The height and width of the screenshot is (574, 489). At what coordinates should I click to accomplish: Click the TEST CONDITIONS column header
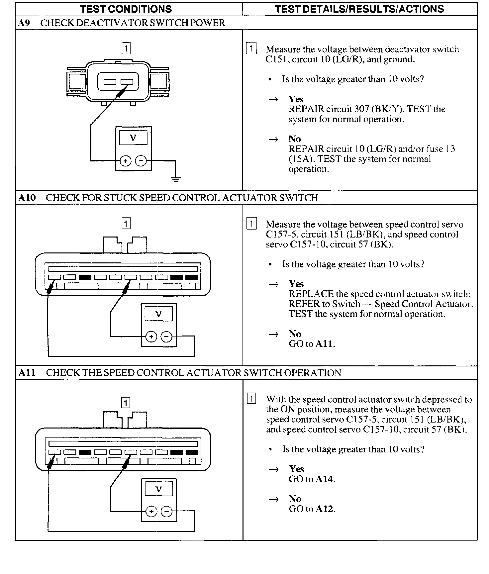click(126, 9)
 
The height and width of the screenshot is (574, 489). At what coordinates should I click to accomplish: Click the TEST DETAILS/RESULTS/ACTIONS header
click(359, 9)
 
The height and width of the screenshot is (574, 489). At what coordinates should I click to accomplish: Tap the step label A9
click(24, 23)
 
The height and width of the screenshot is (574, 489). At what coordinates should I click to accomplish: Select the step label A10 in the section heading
click(27, 198)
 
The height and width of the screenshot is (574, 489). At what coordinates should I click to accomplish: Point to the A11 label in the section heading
click(27, 373)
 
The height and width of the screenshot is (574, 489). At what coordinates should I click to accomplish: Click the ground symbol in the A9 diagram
click(176, 180)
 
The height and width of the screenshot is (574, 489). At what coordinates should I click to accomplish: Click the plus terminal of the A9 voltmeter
click(126, 161)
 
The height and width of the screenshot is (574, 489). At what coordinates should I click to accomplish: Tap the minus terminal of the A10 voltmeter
click(167, 337)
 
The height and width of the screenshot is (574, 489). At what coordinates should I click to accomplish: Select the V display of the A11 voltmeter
click(159, 489)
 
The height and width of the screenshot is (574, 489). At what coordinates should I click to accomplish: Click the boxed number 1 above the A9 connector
click(126, 48)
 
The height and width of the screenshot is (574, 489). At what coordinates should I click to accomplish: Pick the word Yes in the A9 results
click(296, 99)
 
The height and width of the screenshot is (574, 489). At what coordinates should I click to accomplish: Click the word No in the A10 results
click(295, 334)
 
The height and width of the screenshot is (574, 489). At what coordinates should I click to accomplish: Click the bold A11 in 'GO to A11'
click(325, 344)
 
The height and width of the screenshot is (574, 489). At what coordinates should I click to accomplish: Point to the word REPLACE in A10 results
click(311, 294)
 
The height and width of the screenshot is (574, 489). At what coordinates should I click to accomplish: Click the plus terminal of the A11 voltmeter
click(151, 512)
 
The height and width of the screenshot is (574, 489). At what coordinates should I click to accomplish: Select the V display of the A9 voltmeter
click(133, 138)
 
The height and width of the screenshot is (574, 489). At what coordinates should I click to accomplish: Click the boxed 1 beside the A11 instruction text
click(252, 399)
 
